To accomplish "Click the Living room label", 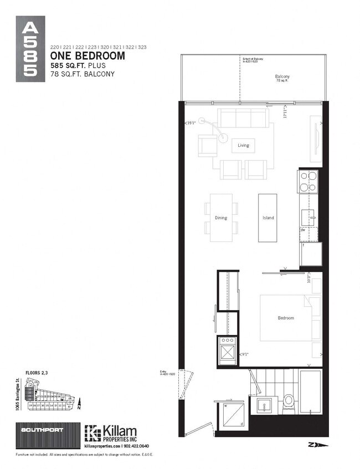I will click(x=244, y=146).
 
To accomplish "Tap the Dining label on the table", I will click(x=221, y=218).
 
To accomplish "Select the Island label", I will click(x=268, y=218).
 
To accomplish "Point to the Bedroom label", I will click(x=286, y=318).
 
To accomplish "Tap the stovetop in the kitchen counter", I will click(x=308, y=181).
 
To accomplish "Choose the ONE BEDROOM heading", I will click(x=88, y=56).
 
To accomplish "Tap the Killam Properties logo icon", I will click(x=91, y=432).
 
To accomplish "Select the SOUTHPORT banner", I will click(x=43, y=430).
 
